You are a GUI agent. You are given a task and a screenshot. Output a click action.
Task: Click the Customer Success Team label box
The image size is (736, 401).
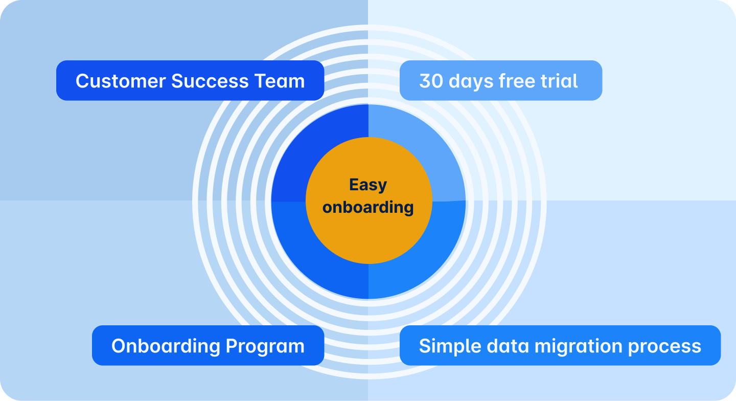tap(190, 80)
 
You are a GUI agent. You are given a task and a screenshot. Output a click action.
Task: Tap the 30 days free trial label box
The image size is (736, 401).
tap(500, 80)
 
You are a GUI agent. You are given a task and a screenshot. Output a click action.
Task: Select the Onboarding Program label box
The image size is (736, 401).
tap(208, 345)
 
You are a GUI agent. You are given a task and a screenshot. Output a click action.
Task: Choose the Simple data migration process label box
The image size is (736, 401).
tap(560, 345)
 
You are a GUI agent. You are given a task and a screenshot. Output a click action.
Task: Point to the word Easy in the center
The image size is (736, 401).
tap(368, 185)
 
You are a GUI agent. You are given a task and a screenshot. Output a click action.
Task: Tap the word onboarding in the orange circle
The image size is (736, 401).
tap(368, 207)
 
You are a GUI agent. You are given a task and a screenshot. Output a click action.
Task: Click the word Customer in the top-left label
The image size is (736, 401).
tap(121, 81)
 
